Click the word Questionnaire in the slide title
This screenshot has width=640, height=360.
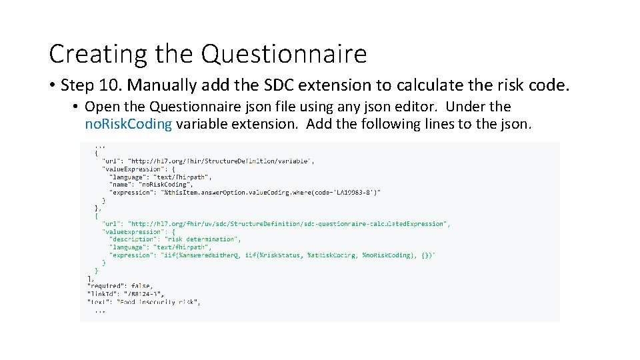pyautogui.click(x=284, y=54)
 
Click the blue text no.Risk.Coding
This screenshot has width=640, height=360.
pyautogui.click(x=129, y=124)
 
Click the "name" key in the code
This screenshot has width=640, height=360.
pyautogui.click(x=121, y=185)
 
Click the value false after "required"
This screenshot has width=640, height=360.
pyautogui.click(x=142, y=285)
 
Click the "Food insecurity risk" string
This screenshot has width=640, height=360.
pyautogui.click(x=159, y=301)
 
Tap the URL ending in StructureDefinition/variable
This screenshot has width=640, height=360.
pyautogui.click(x=221, y=161)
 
